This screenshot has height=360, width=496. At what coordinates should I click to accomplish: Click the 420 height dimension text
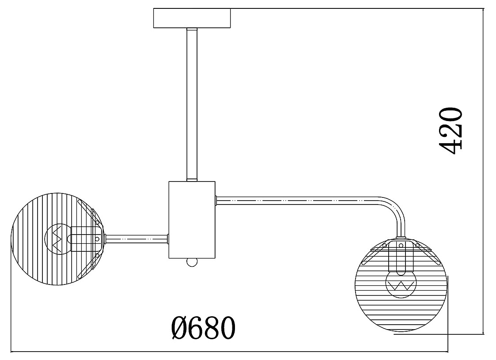(451, 131)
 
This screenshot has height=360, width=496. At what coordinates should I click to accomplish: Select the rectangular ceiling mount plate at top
(192, 19)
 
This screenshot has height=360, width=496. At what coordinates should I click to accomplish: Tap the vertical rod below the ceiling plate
(192, 105)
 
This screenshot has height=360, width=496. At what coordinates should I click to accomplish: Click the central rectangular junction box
(192, 220)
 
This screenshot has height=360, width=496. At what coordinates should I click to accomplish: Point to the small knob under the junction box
(192, 262)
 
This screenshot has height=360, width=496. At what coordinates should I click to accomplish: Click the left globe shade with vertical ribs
(57, 239)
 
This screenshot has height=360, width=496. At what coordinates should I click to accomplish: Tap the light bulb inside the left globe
(58, 239)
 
